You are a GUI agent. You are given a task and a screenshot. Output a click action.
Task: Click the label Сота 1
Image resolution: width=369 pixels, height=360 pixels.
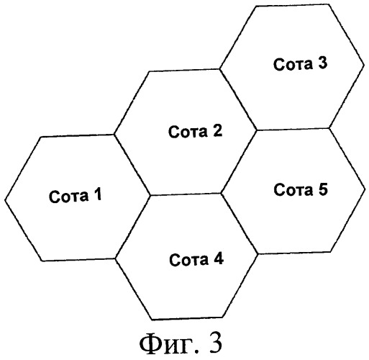point(76,195)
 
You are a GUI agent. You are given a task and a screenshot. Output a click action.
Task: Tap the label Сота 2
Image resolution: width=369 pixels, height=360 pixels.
point(195,131)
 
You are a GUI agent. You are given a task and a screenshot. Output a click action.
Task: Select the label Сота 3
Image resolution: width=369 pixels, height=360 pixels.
point(300,63)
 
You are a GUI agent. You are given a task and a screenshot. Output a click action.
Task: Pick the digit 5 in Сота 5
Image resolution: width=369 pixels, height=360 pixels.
point(322,189)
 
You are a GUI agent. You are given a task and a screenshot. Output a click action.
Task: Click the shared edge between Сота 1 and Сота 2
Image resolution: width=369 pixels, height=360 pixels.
point(132,165)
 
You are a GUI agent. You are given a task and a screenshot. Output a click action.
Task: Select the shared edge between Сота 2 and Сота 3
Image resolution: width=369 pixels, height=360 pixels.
point(238,99)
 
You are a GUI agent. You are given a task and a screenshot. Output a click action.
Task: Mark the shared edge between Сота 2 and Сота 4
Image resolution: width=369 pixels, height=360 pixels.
point(186,194)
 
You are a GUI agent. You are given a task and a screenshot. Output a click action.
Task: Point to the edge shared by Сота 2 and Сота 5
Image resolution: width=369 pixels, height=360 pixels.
point(239,161)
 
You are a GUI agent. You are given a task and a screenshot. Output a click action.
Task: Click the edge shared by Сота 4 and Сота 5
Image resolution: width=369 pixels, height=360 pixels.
point(240,223)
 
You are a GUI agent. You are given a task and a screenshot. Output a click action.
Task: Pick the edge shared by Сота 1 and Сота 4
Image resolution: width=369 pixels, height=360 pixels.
point(133,227)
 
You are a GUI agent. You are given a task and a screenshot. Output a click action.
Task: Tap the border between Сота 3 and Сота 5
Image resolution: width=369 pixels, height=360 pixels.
point(293,129)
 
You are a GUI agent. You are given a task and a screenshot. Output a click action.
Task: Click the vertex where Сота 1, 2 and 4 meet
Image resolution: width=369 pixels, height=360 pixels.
point(150,195)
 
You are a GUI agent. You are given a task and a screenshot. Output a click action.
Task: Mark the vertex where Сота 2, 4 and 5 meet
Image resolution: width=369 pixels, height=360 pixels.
point(221,193)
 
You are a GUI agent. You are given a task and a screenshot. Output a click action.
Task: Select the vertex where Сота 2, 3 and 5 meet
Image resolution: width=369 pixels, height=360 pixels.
point(257,130)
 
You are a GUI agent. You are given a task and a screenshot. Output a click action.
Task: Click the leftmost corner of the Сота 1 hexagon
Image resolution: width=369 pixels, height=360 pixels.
point(5,199)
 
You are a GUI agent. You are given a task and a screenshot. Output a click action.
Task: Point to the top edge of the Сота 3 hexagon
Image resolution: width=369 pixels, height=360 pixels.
point(291,6)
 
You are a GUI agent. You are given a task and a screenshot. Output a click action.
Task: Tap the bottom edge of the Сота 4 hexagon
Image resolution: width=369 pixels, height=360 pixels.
point(188,319)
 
